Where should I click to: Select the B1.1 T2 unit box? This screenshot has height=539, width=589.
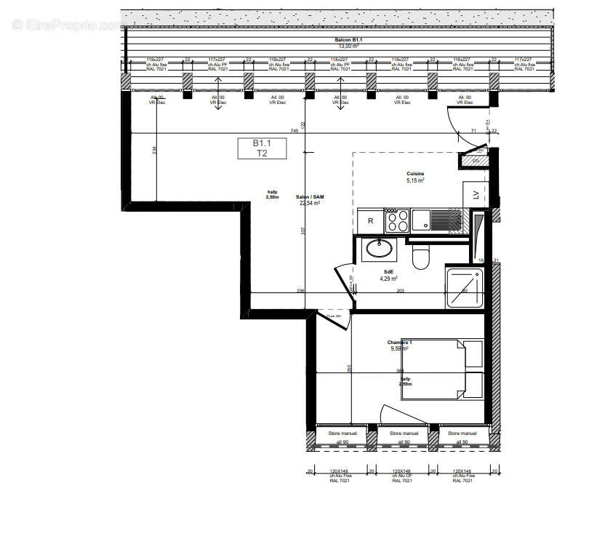click(261, 148)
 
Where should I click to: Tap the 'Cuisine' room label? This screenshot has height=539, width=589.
click(415, 174)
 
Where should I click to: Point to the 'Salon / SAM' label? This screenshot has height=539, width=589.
click(310, 197)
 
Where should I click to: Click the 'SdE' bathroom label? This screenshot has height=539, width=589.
click(388, 271)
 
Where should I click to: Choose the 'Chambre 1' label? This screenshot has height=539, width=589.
click(399, 342)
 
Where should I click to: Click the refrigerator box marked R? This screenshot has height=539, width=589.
click(370, 220)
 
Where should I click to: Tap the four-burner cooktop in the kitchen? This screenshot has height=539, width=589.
click(396, 220)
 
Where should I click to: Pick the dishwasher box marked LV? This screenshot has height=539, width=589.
click(476, 194)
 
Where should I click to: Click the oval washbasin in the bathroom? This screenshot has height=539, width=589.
click(380, 249)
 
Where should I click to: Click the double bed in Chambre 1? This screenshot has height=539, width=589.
click(441, 369)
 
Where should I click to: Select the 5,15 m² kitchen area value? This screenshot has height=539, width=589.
click(415, 180)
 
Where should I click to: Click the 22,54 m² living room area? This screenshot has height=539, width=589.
click(310, 204)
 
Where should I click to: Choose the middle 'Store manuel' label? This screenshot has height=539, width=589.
click(405, 434)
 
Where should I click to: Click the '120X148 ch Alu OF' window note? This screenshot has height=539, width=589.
click(402, 476)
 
